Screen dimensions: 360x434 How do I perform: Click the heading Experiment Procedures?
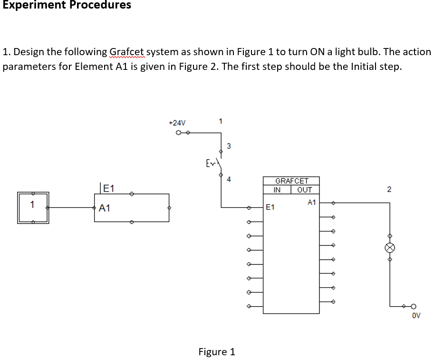(x=67, y=5)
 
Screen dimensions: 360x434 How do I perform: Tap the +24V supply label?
(x=177, y=123)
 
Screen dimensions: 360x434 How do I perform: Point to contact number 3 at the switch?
(x=229, y=146)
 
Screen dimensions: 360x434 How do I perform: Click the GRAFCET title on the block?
(x=291, y=181)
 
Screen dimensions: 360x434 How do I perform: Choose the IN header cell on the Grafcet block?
(x=277, y=190)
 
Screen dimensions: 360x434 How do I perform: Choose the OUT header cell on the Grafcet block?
(x=305, y=190)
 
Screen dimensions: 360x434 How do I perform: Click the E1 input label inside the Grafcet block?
(x=270, y=207)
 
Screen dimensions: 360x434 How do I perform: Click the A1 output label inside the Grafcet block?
(x=312, y=202)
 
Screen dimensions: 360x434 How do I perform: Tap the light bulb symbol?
(x=390, y=247)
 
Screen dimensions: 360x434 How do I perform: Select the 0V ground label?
(x=416, y=315)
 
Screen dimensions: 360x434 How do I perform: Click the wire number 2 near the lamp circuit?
(x=389, y=190)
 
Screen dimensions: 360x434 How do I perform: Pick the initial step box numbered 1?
(x=33, y=208)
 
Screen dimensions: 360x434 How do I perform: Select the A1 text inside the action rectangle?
(x=105, y=208)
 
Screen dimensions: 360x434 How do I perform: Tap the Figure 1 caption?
(x=217, y=352)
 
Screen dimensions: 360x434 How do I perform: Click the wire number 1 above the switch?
(x=220, y=121)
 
